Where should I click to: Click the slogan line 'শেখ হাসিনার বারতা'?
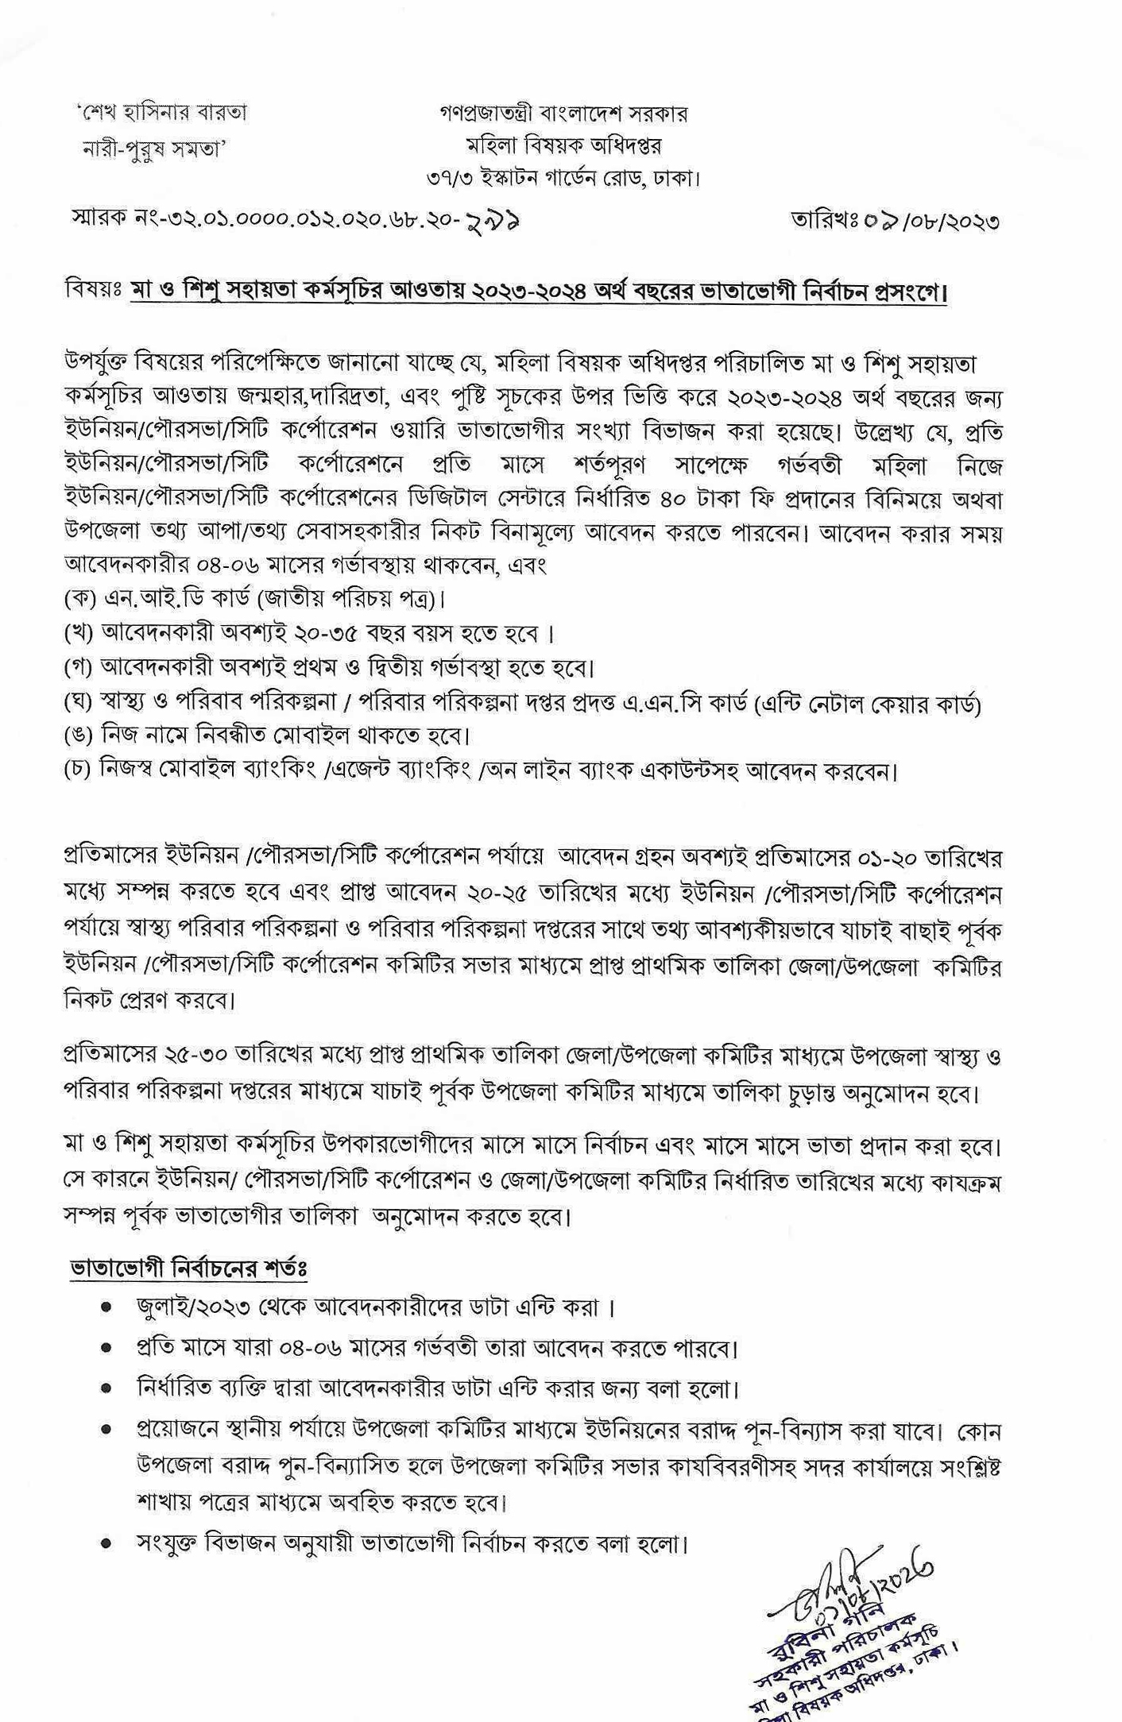163,114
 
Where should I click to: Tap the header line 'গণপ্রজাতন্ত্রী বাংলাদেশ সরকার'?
563,114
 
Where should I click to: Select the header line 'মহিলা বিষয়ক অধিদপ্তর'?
563,146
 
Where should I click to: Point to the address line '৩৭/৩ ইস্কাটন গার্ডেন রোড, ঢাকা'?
563,179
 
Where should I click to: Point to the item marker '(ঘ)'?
79,702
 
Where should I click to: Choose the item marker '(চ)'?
79,770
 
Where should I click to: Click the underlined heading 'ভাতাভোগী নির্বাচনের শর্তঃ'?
188,1268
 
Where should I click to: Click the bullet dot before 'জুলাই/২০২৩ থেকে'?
106,1307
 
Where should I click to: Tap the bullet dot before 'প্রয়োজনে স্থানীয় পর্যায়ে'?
106,1430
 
